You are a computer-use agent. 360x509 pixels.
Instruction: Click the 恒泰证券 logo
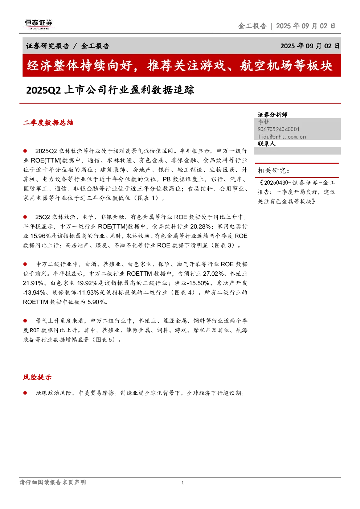point(38,24)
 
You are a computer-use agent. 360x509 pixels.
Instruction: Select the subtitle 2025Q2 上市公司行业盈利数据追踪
point(110,90)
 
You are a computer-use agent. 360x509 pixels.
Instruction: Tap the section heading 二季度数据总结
point(48,123)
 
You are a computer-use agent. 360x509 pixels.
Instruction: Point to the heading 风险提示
point(37,377)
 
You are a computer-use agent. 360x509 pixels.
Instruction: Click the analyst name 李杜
point(263,122)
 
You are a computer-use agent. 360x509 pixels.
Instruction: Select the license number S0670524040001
point(278,129)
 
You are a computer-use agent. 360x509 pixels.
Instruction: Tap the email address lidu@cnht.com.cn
point(282,137)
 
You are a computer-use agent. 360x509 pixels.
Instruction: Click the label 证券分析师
point(273,115)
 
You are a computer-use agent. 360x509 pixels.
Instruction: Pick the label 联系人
point(267,144)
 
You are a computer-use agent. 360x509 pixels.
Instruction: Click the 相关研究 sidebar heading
point(273,171)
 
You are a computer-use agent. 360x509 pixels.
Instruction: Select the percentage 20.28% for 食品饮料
point(201,226)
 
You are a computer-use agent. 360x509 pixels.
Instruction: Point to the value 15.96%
point(40,236)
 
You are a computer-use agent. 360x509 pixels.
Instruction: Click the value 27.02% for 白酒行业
point(213,274)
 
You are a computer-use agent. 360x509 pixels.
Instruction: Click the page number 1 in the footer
point(183,483)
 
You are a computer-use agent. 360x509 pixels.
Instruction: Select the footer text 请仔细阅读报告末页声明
point(53,482)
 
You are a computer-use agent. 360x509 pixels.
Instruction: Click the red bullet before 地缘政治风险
point(25,393)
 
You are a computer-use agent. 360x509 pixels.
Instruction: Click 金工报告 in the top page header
point(252,26)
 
